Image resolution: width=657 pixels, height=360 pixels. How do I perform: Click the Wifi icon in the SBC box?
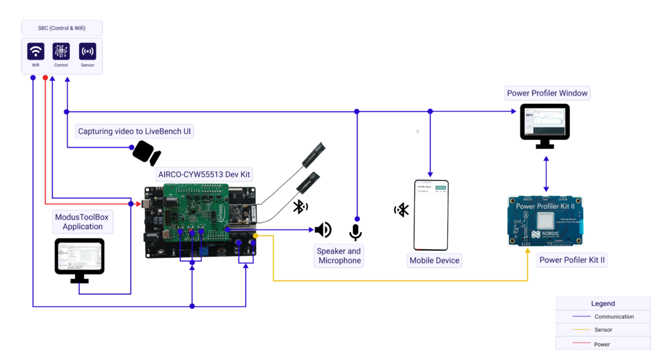click(36, 51)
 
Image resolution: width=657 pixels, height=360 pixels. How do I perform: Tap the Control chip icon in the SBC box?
click(61, 51)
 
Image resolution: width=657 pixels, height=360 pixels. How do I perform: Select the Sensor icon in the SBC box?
click(87, 51)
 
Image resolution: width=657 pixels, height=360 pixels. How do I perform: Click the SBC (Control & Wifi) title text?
click(62, 28)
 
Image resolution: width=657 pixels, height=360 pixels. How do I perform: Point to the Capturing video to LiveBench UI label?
click(135, 132)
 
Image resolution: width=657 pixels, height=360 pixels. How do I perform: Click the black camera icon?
click(146, 153)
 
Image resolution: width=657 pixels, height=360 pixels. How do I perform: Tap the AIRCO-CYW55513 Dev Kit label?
click(204, 175)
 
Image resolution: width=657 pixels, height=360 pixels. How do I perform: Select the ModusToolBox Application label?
click(81, 222)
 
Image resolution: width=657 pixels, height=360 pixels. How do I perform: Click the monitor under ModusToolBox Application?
click(80, 259)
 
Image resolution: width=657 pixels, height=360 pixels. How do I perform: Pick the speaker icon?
click(323, 230)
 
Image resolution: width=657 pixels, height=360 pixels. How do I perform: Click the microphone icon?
click(355, 232)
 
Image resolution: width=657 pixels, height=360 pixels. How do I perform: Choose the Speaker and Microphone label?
click(339, 256)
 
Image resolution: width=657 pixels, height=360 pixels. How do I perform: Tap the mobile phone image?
click(431, 215)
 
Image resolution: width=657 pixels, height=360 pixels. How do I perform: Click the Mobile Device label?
click(434, 261)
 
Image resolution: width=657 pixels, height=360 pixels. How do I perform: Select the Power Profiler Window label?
click(547, 93)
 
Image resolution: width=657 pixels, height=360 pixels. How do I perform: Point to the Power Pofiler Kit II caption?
click(572, 260)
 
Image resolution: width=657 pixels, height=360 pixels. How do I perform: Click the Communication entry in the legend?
click(614, 317)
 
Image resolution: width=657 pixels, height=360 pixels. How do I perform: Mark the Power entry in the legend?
click(602, 345)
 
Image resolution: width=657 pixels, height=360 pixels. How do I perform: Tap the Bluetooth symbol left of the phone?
click(402, 210)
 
